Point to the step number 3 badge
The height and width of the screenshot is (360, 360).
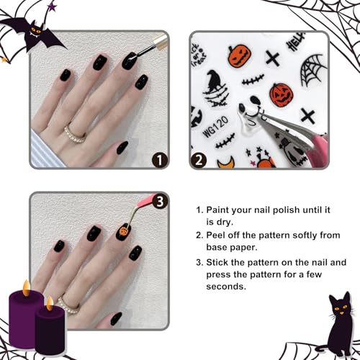tap(161, 202)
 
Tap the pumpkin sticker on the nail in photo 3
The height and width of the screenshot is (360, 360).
tap(125, 233)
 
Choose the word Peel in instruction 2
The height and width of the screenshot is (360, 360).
tap(220, 235)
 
